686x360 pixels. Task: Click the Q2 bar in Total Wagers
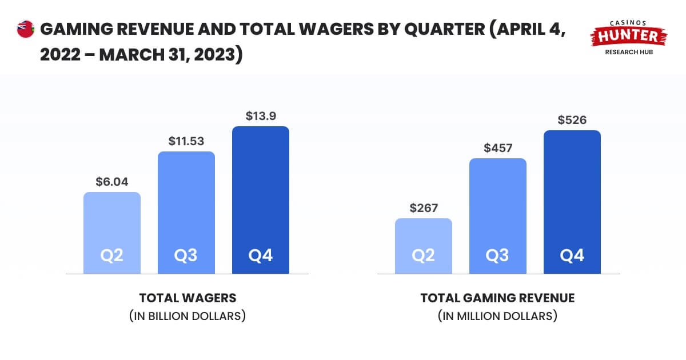coord(112,233)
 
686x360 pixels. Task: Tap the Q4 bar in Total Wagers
coord(261,200)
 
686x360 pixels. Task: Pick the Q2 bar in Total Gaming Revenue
coord(424,246)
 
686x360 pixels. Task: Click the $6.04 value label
coord(112,182)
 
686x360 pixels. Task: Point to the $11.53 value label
coord(186,141)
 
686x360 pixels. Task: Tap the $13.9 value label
coord(261,115)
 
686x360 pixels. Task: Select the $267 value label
coord(424,208)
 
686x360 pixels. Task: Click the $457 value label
coord(498,147)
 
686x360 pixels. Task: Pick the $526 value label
coord(572,120)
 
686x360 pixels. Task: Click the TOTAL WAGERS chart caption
coord(188,298)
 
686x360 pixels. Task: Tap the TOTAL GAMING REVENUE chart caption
coord(497,298)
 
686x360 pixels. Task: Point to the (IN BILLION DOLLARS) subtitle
coord(188,315)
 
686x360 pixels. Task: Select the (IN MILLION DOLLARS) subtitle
coord(497,315)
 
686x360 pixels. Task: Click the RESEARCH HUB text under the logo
coord(629,52)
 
